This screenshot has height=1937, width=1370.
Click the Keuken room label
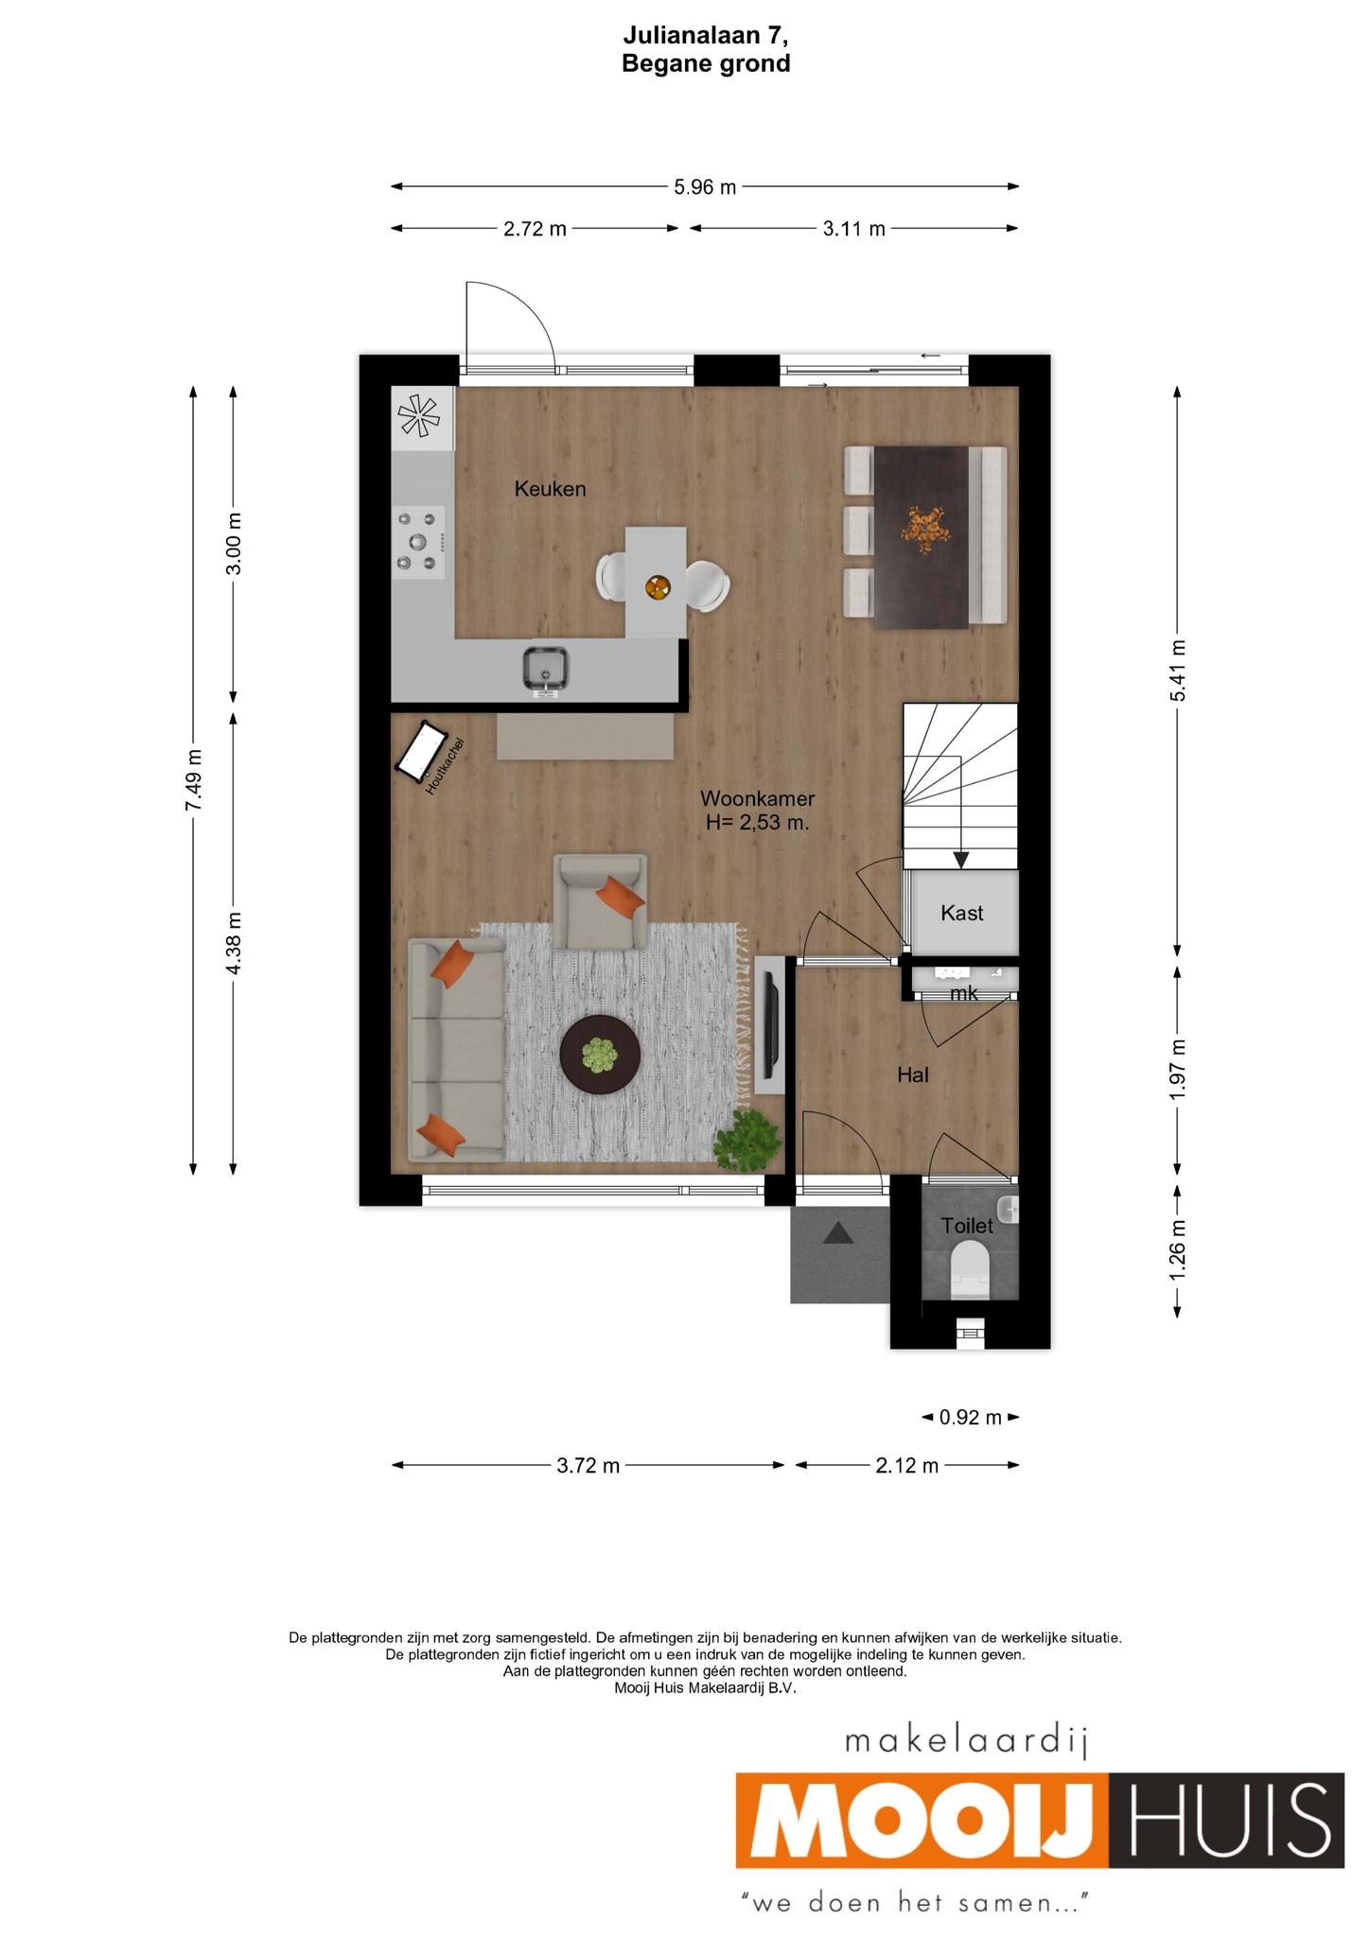(550, 489)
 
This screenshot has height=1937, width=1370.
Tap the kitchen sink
(545, 669)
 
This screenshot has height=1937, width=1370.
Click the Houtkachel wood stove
(423, 754)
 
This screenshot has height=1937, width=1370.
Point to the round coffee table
(600, 1056)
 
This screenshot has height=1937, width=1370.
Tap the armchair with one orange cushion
(601, 901)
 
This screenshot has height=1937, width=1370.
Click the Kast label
(961, 913)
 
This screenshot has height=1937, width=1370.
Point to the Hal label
(913, 1074)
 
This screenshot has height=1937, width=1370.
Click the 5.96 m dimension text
(705, 187)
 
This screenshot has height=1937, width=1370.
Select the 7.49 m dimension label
(193, 779)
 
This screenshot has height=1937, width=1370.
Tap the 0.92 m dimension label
(970, 1417)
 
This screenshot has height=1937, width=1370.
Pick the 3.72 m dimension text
(588, 1465)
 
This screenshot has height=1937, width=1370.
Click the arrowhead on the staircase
(960, 860)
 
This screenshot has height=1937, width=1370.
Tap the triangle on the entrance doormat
(838, 1233)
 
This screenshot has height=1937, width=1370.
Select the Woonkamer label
(757, 798)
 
